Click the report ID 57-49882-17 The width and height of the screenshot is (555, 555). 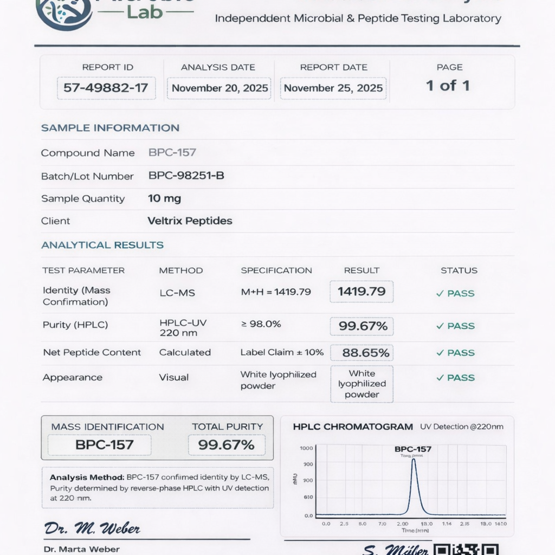coord(106,88)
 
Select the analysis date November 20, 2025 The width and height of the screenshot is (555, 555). coord(220,88)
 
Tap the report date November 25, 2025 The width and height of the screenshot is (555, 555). coord(333,88)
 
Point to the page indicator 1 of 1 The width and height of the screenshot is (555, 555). coord(448,86)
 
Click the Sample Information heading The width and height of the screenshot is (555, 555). coord(110,128)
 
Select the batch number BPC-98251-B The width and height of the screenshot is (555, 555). coord(186,176)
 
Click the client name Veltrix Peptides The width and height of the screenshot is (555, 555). coord(190,221)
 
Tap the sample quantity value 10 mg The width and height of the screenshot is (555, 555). coord(164,198)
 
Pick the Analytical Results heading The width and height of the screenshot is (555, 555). coord(102,245)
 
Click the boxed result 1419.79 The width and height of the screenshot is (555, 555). coord(362,292)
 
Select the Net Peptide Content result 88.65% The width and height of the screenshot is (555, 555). coord(366,353)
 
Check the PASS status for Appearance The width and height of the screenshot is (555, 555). coord(456,378)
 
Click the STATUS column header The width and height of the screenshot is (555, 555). coord(459,270)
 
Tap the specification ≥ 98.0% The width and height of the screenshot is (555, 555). coord(261,324)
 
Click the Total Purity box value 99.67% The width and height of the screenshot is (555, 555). coord(227,446)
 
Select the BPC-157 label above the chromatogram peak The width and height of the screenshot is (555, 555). coord(413,449)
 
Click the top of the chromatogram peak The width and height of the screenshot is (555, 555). coord(414,460)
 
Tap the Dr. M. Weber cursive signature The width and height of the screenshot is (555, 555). coord(92,528)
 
